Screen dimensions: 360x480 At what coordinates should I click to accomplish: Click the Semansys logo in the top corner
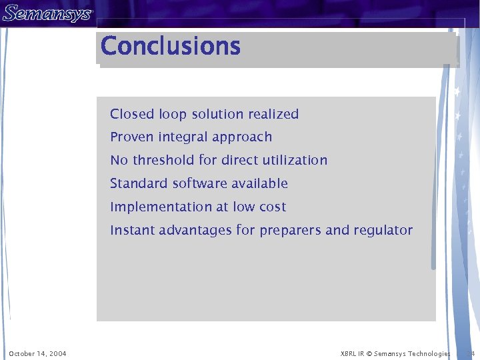47,13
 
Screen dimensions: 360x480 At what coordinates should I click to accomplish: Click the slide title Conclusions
171,47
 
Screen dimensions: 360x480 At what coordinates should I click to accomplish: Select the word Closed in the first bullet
132,114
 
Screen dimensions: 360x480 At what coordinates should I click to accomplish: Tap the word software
200,183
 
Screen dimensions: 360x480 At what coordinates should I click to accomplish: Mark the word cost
272,207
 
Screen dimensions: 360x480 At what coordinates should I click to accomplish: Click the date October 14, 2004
37,353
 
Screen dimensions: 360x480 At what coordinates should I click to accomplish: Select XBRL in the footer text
349,353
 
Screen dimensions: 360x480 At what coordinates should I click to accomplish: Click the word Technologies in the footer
431,353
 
